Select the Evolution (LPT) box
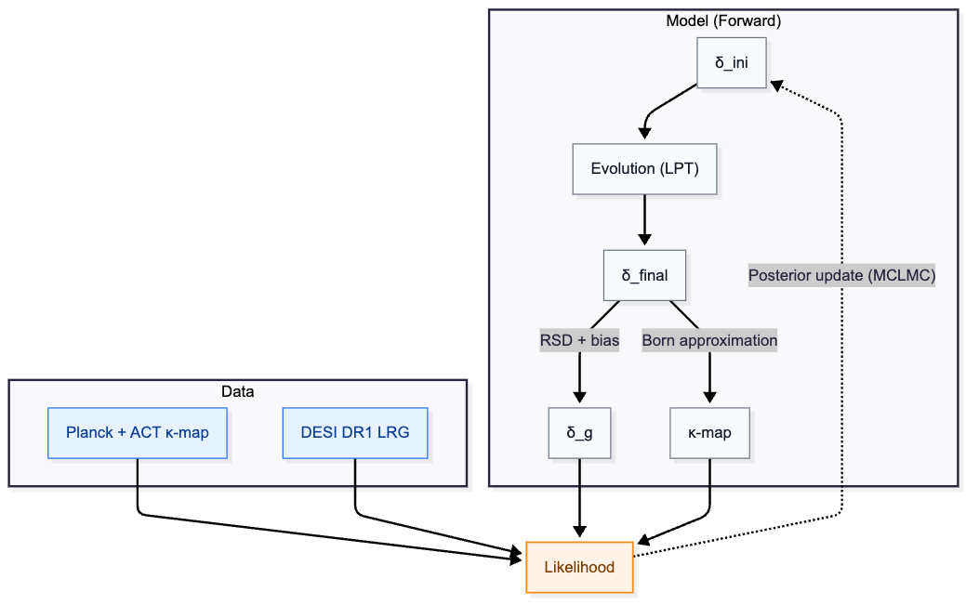[x=644, y=169]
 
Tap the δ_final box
[x=644, y=275]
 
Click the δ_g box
[x=580, y=432]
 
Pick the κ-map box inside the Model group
[x=709, y=432]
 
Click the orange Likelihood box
[x=579, y=567]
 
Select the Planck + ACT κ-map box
[x=138, y=432]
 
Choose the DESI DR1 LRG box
[x=355, y=432]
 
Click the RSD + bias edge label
[x=579, y=340]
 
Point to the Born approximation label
[x=709, y=340]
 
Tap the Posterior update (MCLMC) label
[x=841, y=275]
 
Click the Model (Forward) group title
[x=722, y=20]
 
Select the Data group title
[x=237, y=391]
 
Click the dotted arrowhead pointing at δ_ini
[x=777, y=85]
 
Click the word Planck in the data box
[x=87, y=432]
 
